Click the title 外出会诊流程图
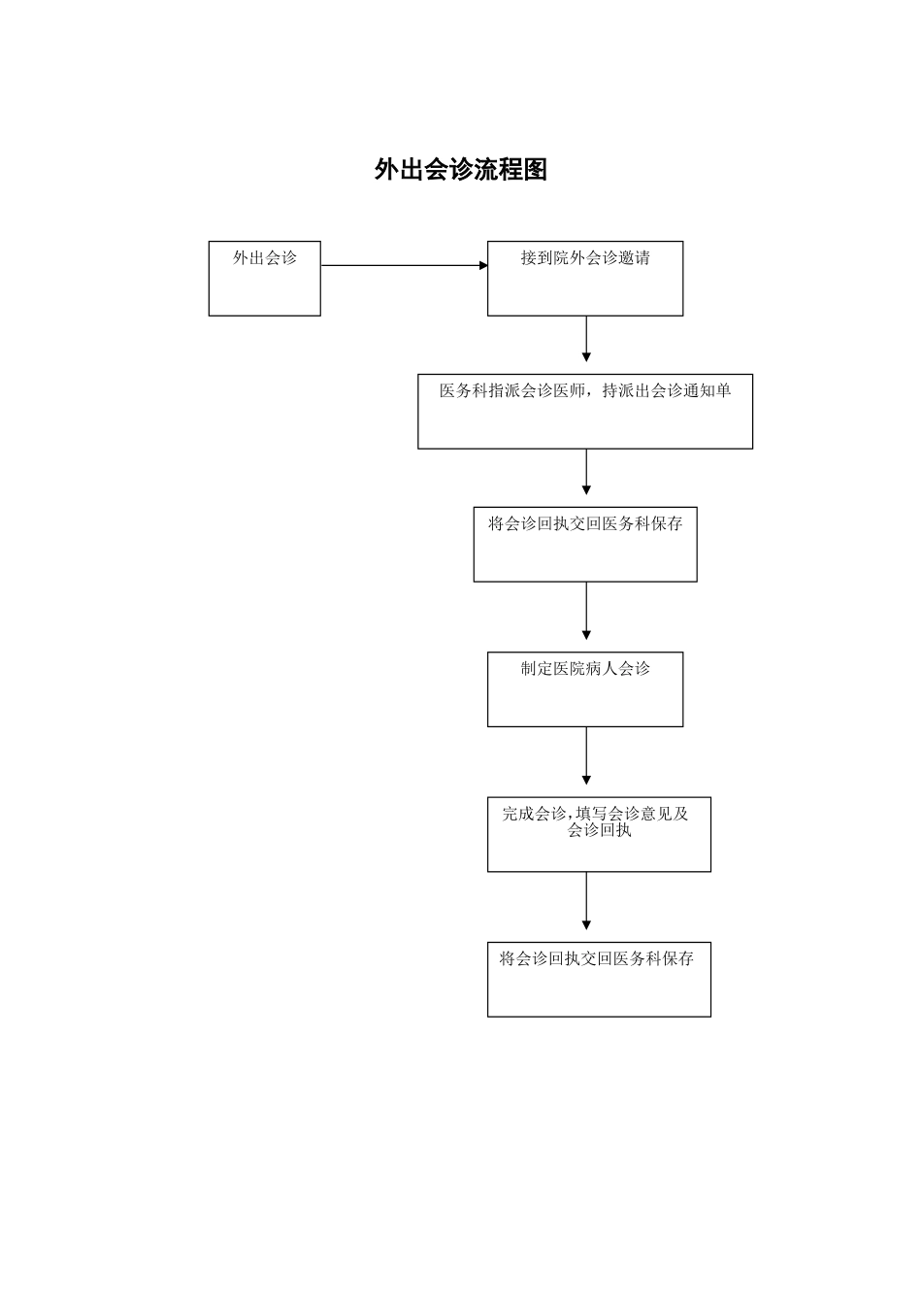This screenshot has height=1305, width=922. [x=461, y=170]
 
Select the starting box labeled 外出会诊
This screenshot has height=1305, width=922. [x=264, y=279]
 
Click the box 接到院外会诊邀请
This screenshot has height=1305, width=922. [x=584, y=279]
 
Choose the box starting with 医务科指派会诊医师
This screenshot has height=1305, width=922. [x=584, y=412]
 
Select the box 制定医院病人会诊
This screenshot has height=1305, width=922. [x=584, y=689]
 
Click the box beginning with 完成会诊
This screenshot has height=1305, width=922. [x=599, y=835]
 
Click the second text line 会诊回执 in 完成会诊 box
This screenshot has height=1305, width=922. [x=600, y=831]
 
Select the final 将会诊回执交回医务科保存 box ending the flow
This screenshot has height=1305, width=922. [x=599, y=980]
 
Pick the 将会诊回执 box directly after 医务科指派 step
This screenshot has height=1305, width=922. [x=584, y=545]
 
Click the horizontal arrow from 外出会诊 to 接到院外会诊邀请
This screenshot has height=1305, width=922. [x=404, y=265]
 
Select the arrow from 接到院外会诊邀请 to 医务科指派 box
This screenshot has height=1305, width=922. [x=586, y=339]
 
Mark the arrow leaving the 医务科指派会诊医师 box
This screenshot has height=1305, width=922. [x=586, y=472]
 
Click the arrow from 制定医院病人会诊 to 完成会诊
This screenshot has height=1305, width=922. [x=586, y=756]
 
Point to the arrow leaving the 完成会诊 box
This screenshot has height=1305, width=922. [x=586, y=901]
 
